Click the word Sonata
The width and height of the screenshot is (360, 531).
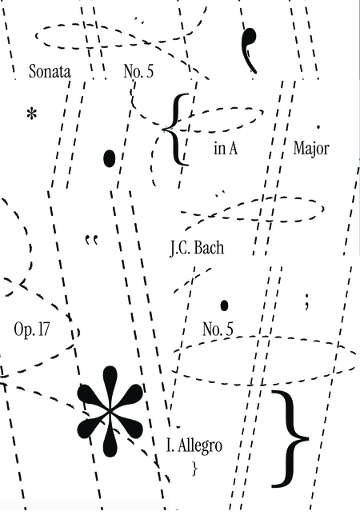coord(50,71)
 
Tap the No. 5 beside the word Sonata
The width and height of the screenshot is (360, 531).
coord(138,71)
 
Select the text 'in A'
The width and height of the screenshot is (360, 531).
coord(226,148)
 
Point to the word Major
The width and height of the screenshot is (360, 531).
coord(311,149)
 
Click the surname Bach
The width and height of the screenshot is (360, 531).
coord(210,248)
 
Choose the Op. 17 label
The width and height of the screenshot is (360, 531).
coord(32,329)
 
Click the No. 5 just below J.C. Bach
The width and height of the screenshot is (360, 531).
coord(218,329)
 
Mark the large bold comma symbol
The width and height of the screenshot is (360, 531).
coord(250,50)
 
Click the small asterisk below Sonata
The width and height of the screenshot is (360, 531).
coord(31,114)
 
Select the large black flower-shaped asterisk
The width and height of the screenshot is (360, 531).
coord(110,411)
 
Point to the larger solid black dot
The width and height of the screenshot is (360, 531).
coord(109,158)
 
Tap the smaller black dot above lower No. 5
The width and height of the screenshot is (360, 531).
coord(224,305)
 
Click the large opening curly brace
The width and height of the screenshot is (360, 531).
coord(175,130)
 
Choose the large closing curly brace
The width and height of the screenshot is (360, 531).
coord(290,439)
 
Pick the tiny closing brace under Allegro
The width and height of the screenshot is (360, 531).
coord(194,469)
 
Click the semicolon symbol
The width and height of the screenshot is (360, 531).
coord(306,301)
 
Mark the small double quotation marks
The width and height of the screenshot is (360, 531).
coord(91,239)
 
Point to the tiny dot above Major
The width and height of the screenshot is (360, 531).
coord(318,127)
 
